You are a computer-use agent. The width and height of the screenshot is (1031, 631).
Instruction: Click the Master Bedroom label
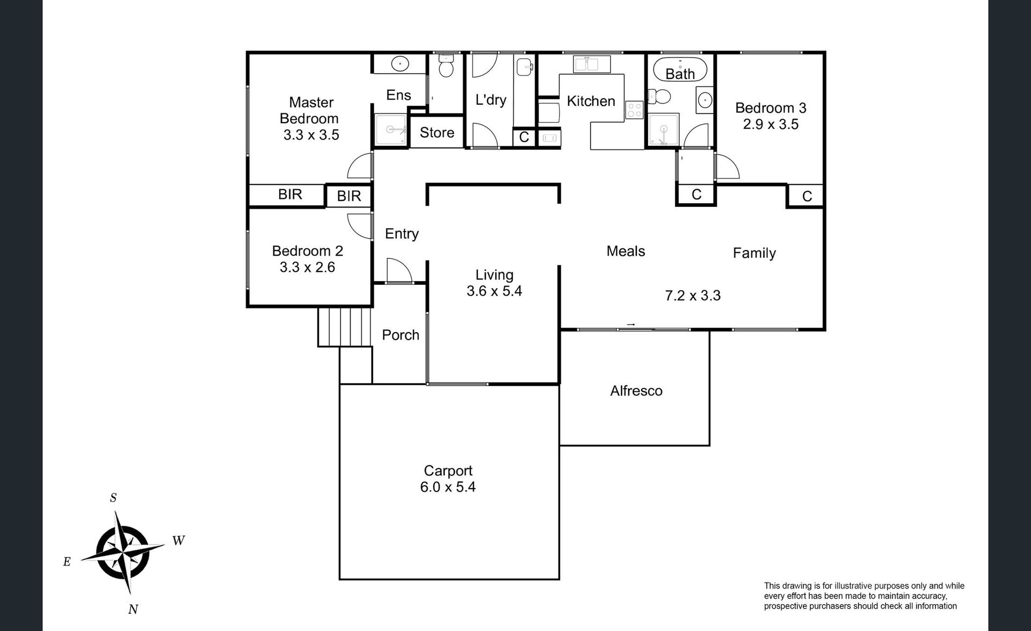click(309, 110)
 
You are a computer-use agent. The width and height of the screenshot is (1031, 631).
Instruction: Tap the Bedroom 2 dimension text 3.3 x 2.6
click(307, 267)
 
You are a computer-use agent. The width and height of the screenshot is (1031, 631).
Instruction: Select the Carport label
click(448, 471)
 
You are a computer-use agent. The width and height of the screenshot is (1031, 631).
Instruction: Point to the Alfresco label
click(636, 391)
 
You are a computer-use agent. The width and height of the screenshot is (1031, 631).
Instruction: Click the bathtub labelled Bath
click(680, 69)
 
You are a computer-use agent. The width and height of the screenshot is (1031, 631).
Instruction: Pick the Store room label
click(437, 133)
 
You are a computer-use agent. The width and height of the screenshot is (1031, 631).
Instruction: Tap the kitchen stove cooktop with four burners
click(634, 110)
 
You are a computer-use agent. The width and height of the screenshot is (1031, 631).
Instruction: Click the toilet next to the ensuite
click(446, 64)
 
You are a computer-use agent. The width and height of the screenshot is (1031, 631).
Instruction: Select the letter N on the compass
click(133, 609)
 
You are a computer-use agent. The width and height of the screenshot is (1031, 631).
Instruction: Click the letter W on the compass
click(179, 541)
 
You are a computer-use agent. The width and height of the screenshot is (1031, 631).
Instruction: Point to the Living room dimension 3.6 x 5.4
click(494, 291)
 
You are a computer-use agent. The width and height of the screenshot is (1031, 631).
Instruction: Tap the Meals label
click(626, 251)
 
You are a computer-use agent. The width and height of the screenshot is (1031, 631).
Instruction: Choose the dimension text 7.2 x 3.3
click(693, 296)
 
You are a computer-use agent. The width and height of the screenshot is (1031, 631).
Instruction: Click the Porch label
click(401, 335)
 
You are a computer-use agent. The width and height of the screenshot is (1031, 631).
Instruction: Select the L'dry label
click(491, 100)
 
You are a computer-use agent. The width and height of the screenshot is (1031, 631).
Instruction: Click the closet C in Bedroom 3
click(807, 197)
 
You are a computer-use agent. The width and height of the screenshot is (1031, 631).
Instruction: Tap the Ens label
click(398, 95)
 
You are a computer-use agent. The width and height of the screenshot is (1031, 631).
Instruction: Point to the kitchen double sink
click(592, 63)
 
